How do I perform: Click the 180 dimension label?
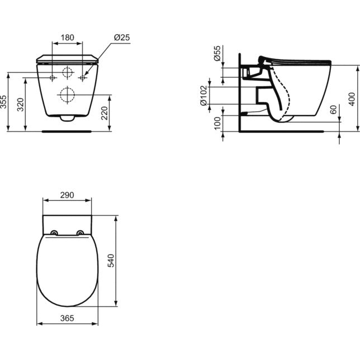67,37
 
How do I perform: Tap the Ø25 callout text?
122,37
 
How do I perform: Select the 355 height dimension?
4,102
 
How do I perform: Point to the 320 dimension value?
21,105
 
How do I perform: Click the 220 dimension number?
105,113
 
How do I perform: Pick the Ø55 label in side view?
217,53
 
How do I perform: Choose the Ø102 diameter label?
203,96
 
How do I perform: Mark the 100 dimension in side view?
217,124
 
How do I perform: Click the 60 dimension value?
333,110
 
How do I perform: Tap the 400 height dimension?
352,99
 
